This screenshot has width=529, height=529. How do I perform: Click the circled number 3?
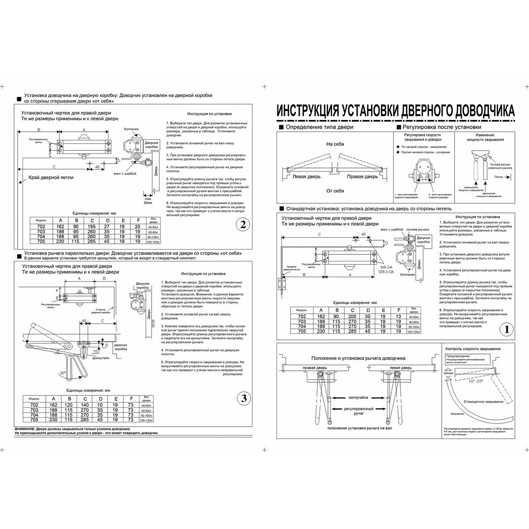tap(242, 399)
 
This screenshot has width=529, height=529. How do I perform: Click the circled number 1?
tap(507, 329)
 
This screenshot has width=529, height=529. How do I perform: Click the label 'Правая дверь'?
tap(362, 177)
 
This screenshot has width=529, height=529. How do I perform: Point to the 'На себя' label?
tap(335, 144)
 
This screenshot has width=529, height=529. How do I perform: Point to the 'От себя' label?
tap(335, 191)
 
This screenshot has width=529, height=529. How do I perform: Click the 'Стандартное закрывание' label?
tap(484, 402)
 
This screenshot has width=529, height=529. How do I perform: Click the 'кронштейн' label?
tap(101, 358)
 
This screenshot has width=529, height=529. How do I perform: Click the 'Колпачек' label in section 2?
tap(131, 129)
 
